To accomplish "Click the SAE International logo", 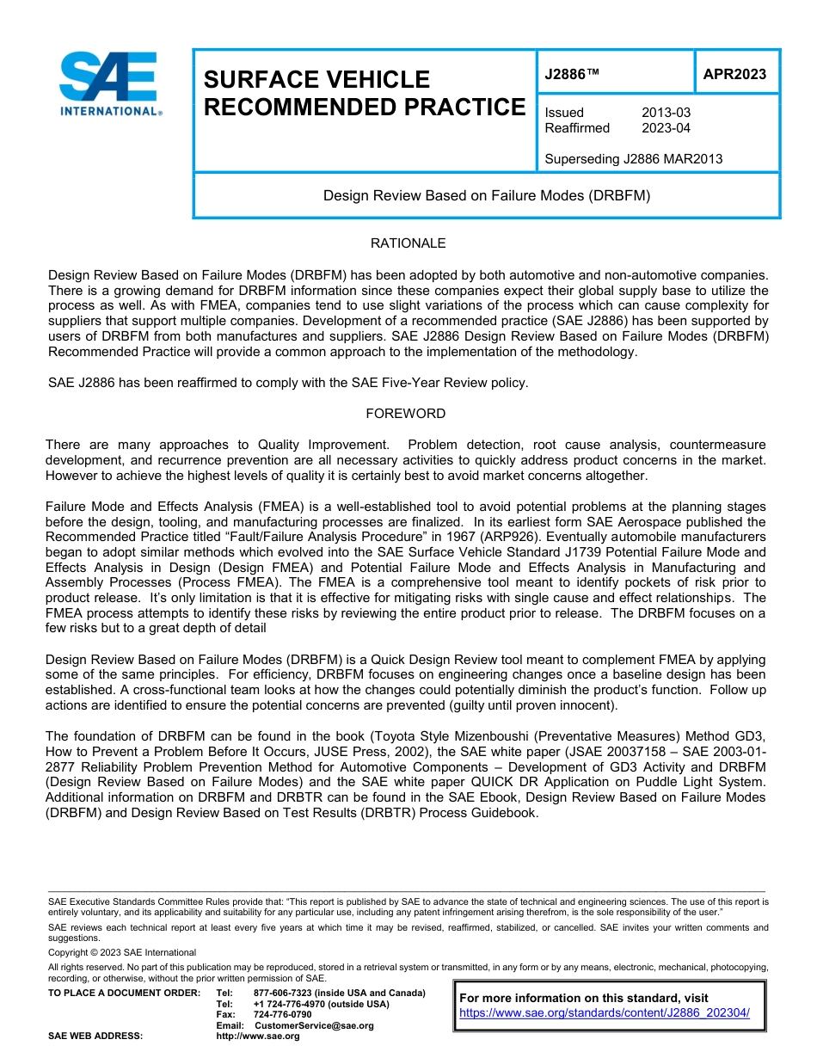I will [x=109, y=83].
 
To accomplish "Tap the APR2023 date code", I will [x=734, y=74].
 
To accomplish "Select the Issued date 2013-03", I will [x=666, y=113].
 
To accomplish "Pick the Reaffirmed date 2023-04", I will [x=666, y=128].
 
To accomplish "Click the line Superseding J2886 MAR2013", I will [x=633, y=158].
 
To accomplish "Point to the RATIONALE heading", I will [x=408, y=243].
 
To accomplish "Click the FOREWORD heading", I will [x=406, y=414].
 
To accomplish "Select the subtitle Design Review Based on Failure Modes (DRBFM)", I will [x=486, y=195].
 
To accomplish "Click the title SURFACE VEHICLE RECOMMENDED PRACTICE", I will [x=363, y=93].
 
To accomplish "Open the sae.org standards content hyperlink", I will [x=605, y=1012].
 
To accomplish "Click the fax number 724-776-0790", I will [x=282, y=1015].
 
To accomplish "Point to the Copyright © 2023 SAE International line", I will [x=122, y=952].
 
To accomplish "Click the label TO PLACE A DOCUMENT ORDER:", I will [x=124, y=993].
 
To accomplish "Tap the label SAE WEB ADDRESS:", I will [x=95, y=1036].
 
